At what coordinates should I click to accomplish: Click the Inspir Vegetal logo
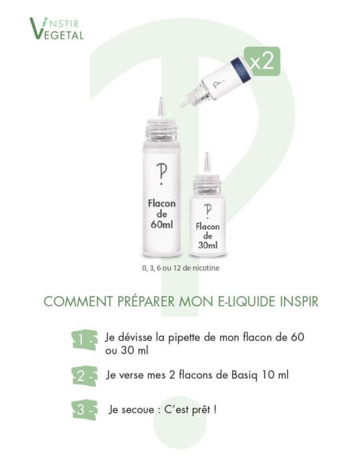[57, 29]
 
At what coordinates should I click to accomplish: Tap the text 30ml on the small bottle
[207, 246]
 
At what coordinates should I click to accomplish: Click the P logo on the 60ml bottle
[160, 170]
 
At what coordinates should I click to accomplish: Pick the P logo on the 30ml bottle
[207, 209]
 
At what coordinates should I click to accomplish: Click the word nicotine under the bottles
[203, 268]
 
